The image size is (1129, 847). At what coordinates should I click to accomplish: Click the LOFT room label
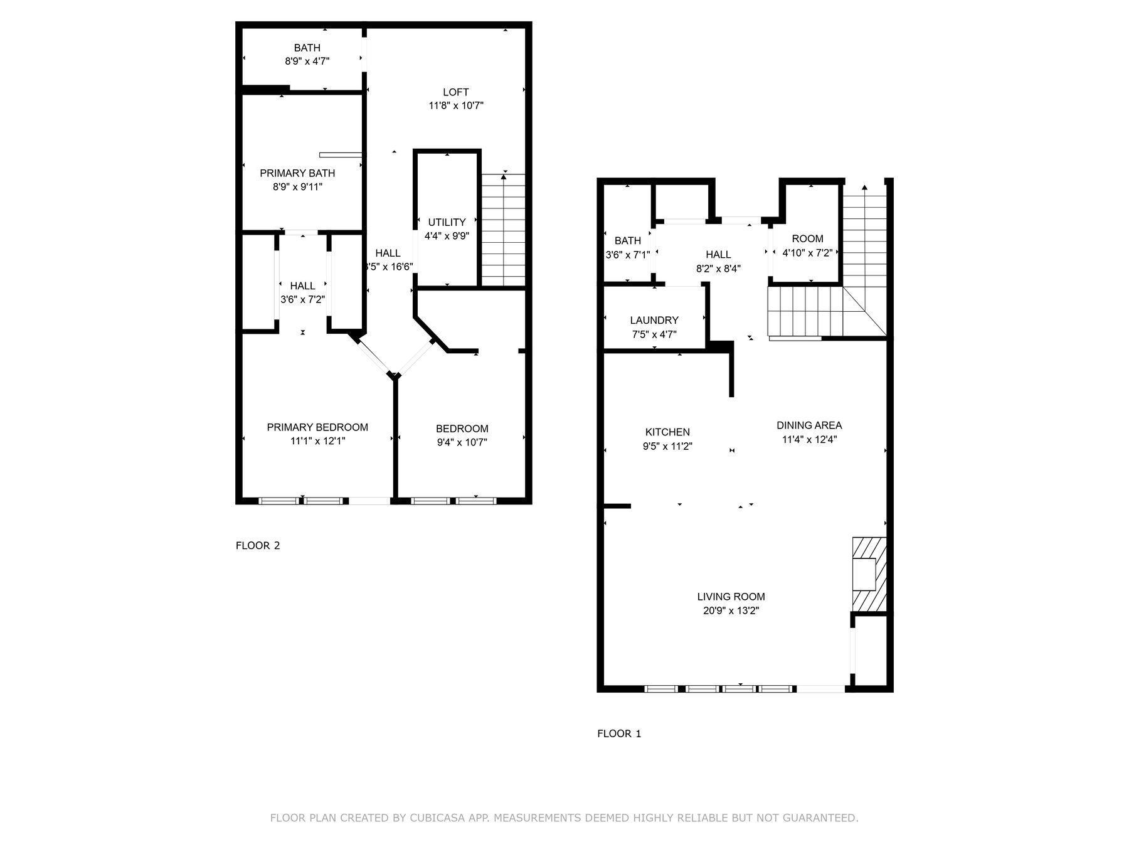(455, 92)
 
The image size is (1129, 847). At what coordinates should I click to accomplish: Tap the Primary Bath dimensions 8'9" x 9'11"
(297, 187)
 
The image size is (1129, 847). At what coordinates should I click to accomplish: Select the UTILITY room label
(447, 222)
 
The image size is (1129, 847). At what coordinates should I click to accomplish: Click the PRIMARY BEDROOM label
(317, 427)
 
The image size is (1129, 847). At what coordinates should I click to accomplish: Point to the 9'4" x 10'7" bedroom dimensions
(462, 442)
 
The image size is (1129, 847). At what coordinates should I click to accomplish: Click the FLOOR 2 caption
(258, 545)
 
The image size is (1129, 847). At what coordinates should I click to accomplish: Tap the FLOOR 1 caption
(619, 733)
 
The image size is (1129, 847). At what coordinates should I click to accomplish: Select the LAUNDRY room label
(654, 321)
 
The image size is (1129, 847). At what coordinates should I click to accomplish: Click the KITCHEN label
(667, 432)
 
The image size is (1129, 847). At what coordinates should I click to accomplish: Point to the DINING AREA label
(809, 425)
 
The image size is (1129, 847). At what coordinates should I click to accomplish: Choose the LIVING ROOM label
(731, 597)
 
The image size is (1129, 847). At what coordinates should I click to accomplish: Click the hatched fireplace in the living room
(869, 574)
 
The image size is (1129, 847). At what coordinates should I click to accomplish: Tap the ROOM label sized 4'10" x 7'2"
(807, 239)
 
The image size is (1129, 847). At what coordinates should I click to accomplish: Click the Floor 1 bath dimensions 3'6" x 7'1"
(628, 255)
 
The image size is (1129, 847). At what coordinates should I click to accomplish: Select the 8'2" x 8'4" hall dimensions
(718, 269)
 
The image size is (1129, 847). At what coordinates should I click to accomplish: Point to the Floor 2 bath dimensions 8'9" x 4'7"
(307, 61)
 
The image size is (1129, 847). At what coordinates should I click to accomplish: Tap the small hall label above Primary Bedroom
(302, 286)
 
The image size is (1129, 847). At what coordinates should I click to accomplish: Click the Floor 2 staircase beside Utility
(503, 230)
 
